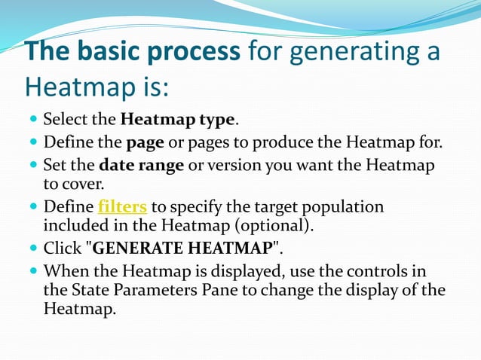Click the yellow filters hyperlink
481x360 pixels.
[122, 207]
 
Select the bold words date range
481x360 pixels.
[142, 166]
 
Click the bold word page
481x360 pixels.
[142, 143]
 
